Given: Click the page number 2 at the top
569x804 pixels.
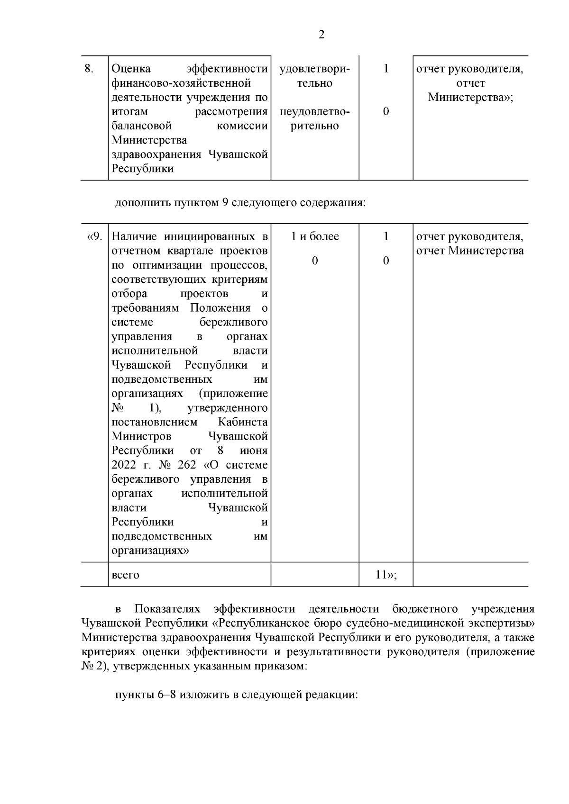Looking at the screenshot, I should (321, 35).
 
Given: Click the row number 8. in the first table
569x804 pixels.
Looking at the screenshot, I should (89, 69).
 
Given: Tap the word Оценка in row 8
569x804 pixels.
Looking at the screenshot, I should (131, 69).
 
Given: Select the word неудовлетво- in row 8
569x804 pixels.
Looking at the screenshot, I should (315, 112).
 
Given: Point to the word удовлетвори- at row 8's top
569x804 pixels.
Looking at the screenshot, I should (315, 69).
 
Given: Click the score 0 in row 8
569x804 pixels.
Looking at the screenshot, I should (386, 112).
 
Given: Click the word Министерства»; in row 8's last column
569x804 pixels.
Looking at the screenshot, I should (470, 98).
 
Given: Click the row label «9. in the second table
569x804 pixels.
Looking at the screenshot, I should (94, 236).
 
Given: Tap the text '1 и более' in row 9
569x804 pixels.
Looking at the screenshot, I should (315, 236).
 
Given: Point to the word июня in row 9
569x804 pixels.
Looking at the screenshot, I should (254, 451).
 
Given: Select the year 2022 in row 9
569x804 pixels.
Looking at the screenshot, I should (123, 465).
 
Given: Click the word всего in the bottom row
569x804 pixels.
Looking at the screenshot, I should (125, 575).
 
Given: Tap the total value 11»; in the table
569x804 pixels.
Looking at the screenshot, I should (385, 575).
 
